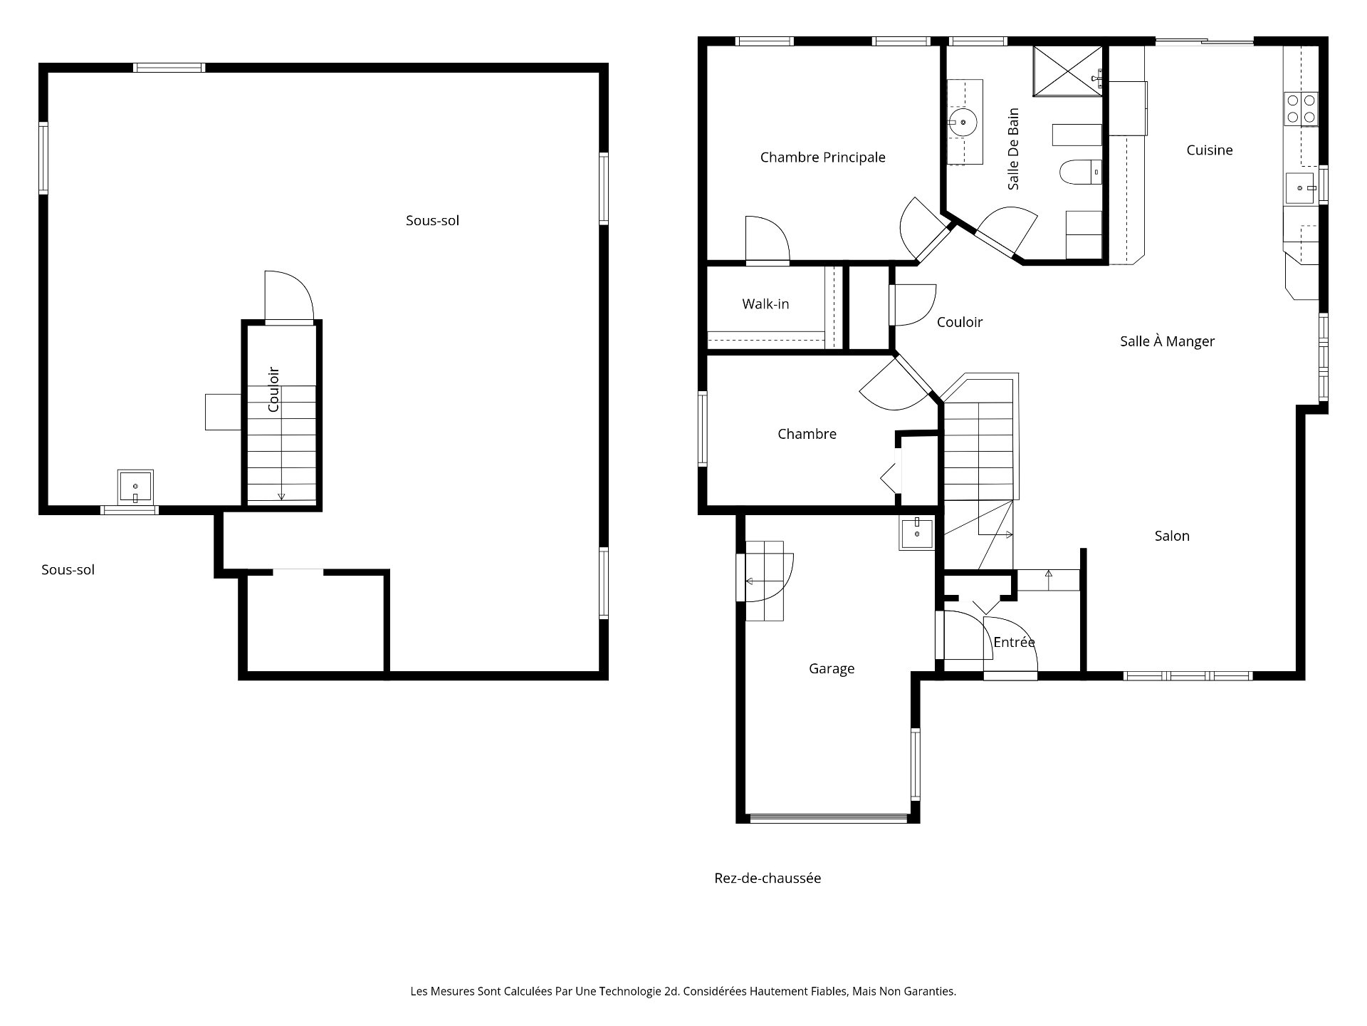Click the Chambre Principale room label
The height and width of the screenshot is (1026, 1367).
(822, 157)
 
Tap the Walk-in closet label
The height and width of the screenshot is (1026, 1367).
(765, 304)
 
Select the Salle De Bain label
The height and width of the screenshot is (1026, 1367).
(1014, 149)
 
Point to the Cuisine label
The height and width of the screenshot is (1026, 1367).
(1209, 150)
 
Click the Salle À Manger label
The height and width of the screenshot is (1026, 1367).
(1167, 341)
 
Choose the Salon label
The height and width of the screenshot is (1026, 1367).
(1172, 536)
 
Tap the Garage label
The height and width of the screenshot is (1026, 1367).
(832, 668)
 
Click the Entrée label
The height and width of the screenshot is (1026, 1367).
(1014, 642)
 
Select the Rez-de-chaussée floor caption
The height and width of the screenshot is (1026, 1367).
(768, 879)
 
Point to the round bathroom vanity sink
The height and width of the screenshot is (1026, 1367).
(963, 123)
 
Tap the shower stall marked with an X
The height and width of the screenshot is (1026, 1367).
(1067, 71)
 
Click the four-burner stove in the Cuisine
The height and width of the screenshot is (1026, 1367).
(1301, 109)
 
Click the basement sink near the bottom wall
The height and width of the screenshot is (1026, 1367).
(135, 487)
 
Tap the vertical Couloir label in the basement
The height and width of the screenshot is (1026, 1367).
(273, 389)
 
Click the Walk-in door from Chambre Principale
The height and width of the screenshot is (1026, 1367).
(768, 240)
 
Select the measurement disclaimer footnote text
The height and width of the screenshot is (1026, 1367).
(683, 991)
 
